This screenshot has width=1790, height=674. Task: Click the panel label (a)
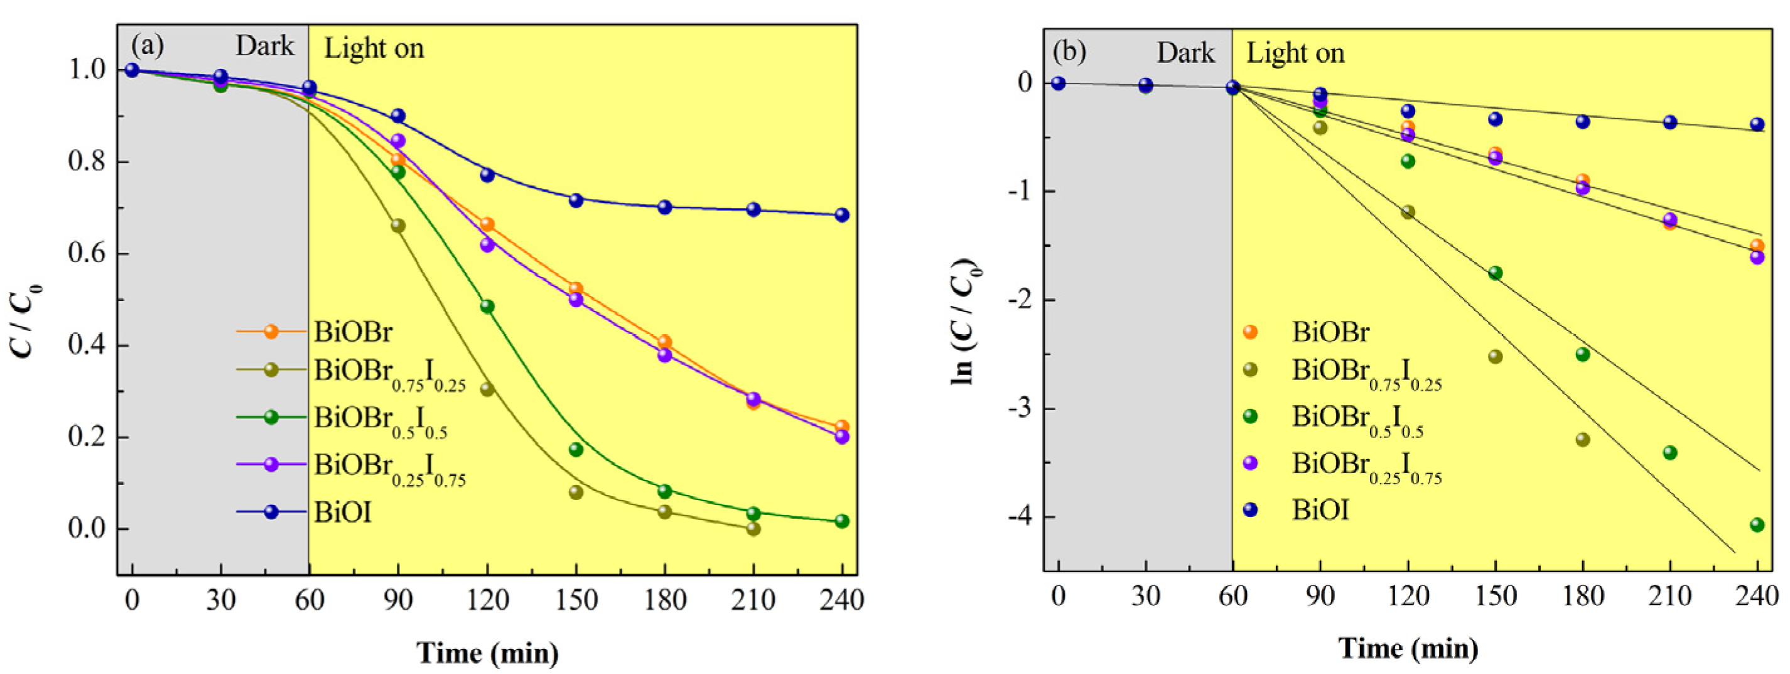[148, 46]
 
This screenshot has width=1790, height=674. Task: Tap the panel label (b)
[1069, 52]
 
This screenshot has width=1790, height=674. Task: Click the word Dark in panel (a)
[264, 46]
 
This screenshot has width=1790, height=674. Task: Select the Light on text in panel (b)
[1295, 53]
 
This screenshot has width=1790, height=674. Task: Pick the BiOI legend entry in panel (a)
[342, 512]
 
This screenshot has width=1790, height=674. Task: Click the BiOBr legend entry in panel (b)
[1329, 332]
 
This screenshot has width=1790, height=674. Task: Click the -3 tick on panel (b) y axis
[1020, 408]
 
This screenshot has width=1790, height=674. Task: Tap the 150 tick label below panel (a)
[575, 600]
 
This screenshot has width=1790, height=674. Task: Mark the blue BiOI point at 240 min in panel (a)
[841, 215]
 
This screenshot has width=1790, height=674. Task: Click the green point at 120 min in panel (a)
[487, 307]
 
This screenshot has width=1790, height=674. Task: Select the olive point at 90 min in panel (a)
[398, 226]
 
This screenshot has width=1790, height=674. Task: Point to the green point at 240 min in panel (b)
[1757, 525]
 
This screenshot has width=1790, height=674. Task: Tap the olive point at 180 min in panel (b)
[1583, 439]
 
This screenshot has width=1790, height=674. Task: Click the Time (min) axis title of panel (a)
[487, 653]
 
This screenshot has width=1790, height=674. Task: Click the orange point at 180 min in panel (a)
[664, 341]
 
